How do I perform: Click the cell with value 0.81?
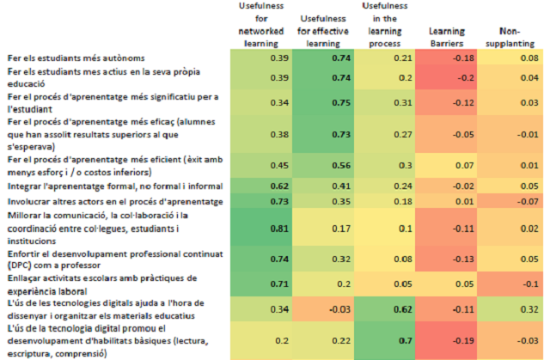[255, 229]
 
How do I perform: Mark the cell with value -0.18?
[446, 58]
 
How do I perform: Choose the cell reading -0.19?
[446, 340]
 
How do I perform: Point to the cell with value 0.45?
[255, 164]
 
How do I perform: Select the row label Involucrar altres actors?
[102, 200]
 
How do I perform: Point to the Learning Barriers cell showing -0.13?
[446, 257]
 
